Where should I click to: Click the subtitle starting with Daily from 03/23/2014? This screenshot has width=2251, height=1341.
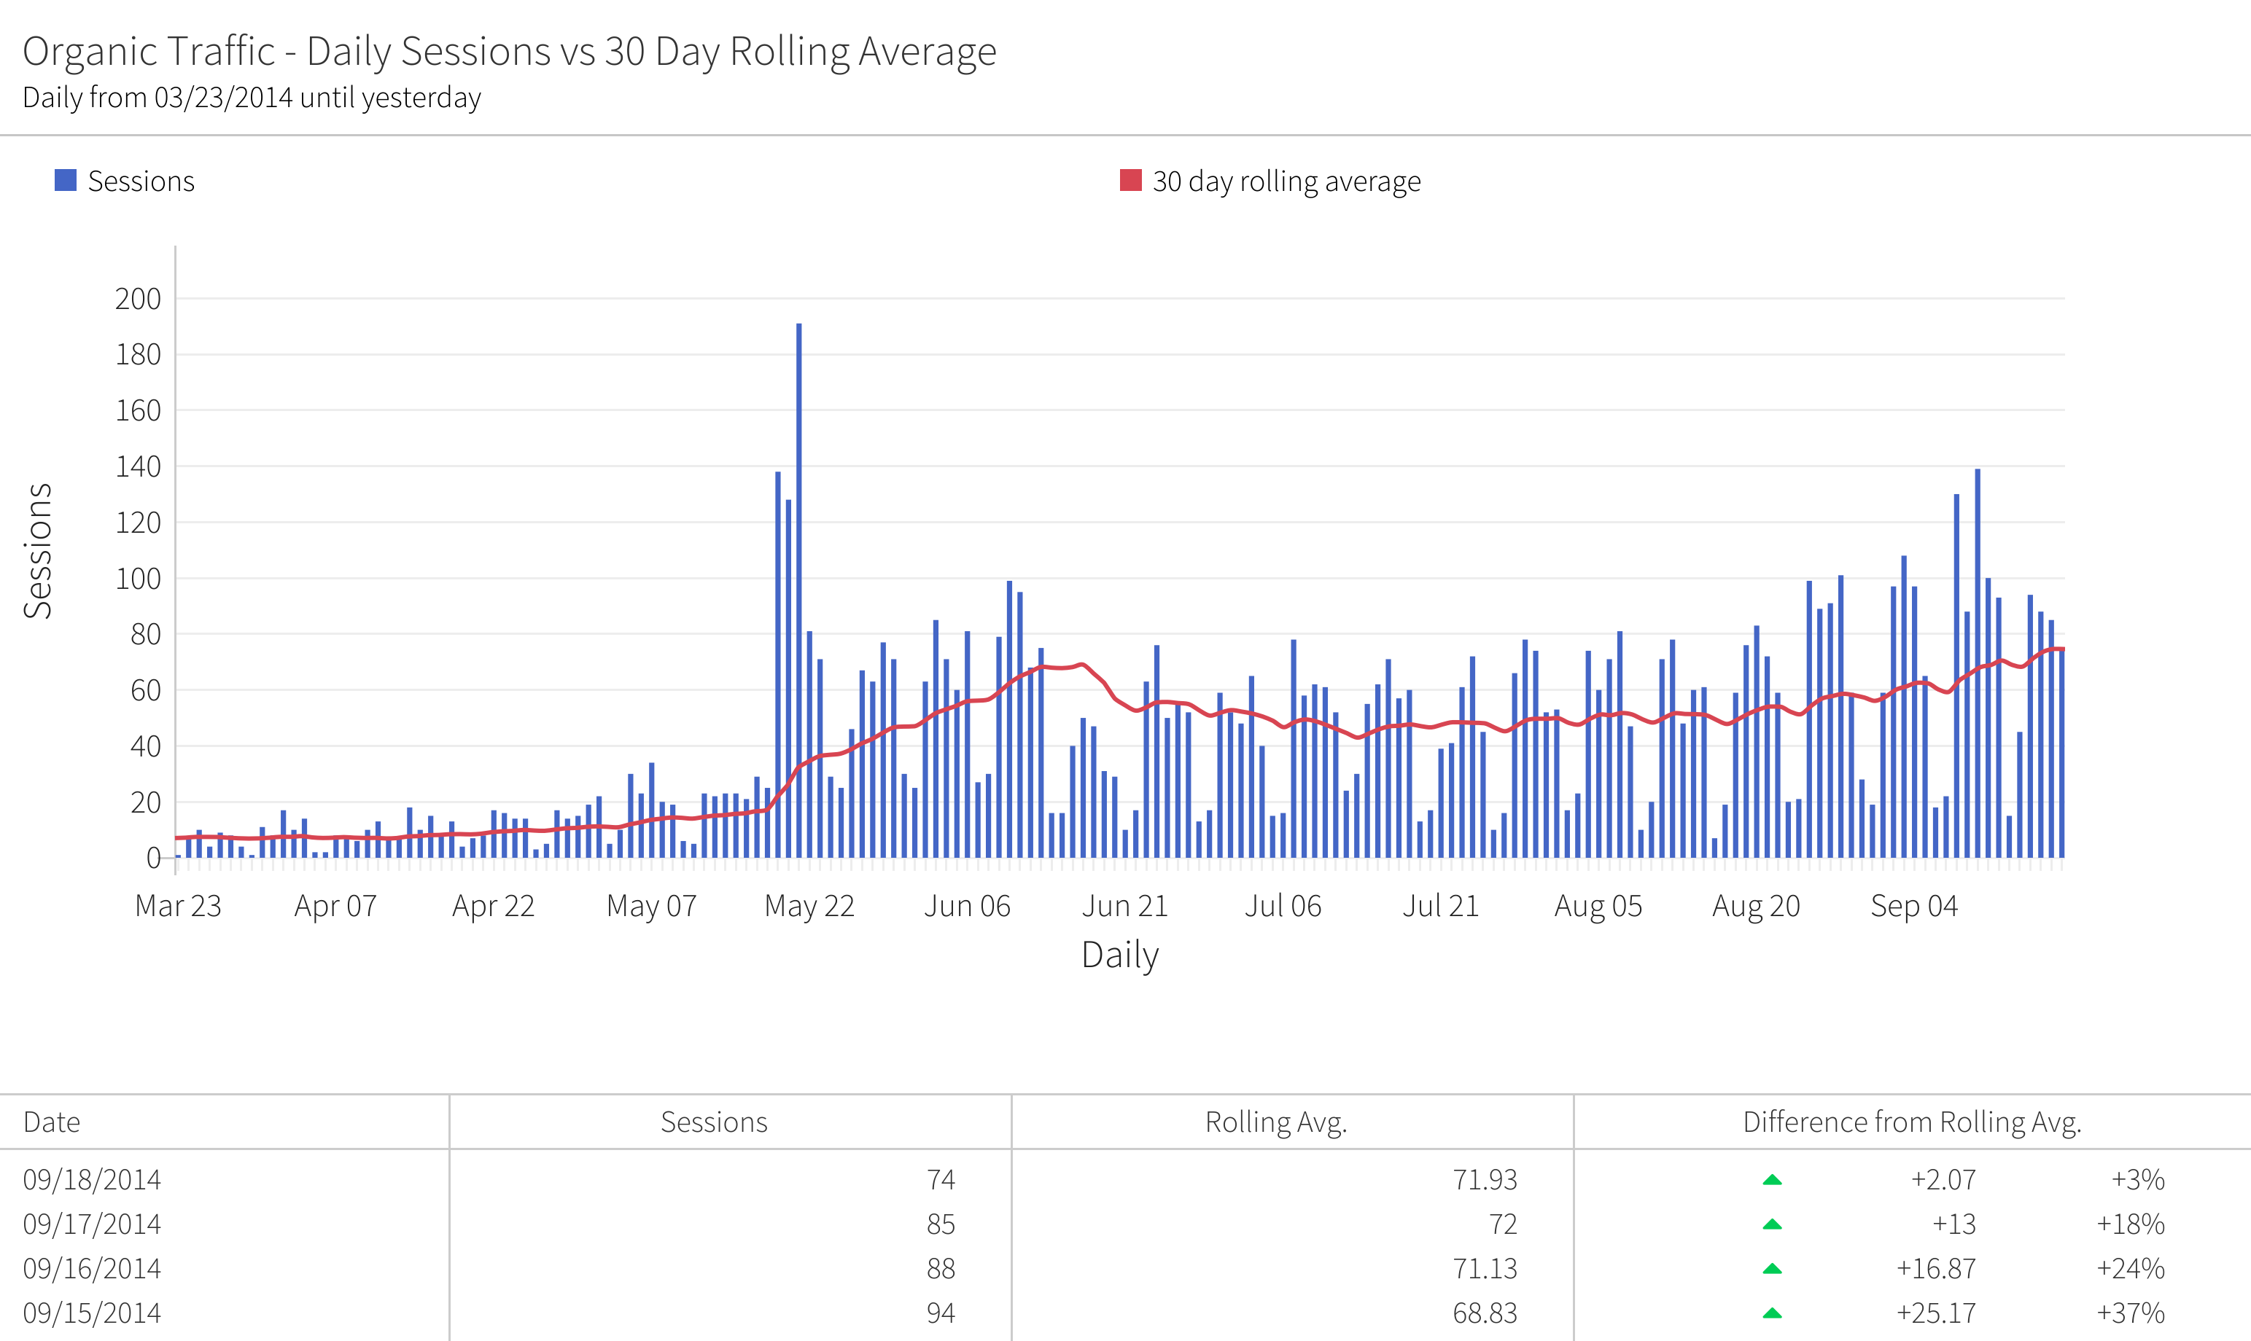(252, 98)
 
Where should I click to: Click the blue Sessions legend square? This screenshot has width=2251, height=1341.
(65, 181)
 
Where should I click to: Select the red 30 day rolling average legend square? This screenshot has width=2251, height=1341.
(1130, 181)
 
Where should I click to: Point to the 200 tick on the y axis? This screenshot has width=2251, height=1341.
(137, 299)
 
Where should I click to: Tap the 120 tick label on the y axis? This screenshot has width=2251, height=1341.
(137, 523)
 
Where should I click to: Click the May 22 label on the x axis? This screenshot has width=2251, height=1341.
(809, 905)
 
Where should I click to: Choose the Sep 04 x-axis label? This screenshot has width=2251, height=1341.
(1914, 905)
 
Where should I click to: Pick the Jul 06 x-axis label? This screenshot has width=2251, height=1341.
(1283, 905)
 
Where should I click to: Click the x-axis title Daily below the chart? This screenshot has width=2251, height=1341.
(1119, 955)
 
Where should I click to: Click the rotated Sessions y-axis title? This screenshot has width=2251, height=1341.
(38, 550)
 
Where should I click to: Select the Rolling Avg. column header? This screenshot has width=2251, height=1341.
(1275, 1122)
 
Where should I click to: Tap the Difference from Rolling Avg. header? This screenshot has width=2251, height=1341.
(1911, 1122)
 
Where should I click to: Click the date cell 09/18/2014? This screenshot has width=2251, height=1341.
(92, 1180)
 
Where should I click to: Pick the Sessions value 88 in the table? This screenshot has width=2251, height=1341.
(940, 1269)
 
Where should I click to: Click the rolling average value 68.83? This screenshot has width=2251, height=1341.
(1485, 1313)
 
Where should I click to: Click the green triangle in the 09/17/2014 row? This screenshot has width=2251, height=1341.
(1772, 1224)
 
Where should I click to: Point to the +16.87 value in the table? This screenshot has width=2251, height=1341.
(1935, 1269)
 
